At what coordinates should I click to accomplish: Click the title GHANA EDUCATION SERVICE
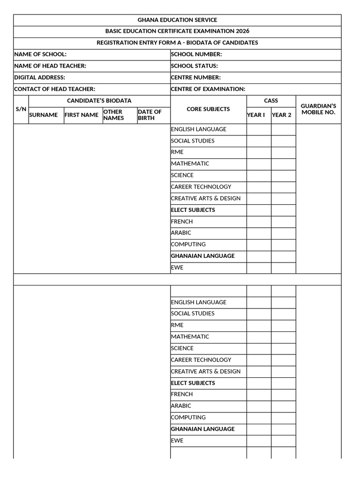coord(177,20)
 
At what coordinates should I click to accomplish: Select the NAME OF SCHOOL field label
coord(40,54)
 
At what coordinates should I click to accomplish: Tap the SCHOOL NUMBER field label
coord(196,54)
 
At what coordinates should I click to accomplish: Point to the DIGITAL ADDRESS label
coord(40,77)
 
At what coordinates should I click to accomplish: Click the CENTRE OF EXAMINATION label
coord(208,89)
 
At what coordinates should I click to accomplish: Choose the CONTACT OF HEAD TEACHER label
coord(55,89)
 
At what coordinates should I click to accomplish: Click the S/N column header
coord(21,109)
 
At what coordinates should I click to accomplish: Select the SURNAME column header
coord(44,115)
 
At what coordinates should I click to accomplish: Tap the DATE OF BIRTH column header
coord(150,115)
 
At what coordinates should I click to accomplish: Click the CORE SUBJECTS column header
coord(208,109)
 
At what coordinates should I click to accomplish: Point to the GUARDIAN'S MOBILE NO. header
coord(318,109)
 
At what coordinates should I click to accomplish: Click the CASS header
coord(271,101)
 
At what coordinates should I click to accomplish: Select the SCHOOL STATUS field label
coord(195,66)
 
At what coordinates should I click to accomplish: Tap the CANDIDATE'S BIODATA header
coord(99,101)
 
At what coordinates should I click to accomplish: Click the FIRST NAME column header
coord(82,115)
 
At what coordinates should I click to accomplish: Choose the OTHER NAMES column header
coord(113,115)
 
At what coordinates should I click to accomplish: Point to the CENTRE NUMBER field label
coord(196,77)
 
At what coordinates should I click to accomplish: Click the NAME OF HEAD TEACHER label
coord(50,66)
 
